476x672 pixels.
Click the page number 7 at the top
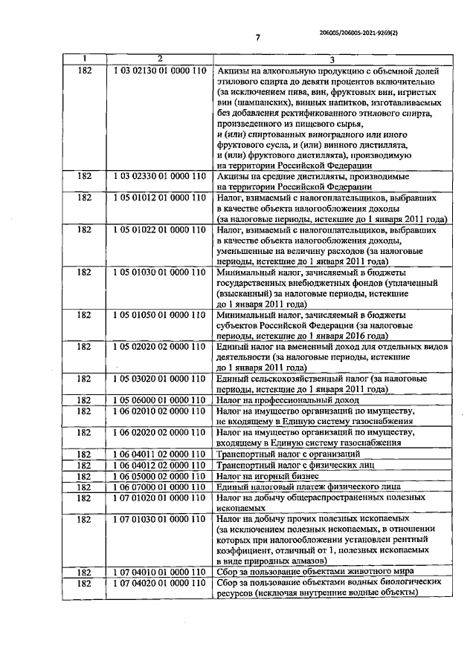click(257, 37)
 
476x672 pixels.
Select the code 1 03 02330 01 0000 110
click(160, 177)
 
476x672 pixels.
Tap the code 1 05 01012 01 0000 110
click(160, 198)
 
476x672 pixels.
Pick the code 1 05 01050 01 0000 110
click(160, 315)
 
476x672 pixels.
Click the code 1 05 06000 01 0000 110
click(160, 400)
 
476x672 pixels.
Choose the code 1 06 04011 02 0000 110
click(160, 454)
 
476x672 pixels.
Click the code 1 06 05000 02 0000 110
click(160, 476)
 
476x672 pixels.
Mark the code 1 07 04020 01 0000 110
click(160, 584)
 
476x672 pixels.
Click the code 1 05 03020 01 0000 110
click(160, 379)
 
